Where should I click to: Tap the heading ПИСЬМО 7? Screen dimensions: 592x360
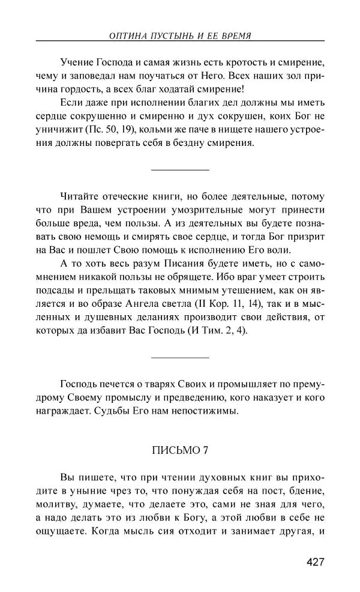coord(180,450)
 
